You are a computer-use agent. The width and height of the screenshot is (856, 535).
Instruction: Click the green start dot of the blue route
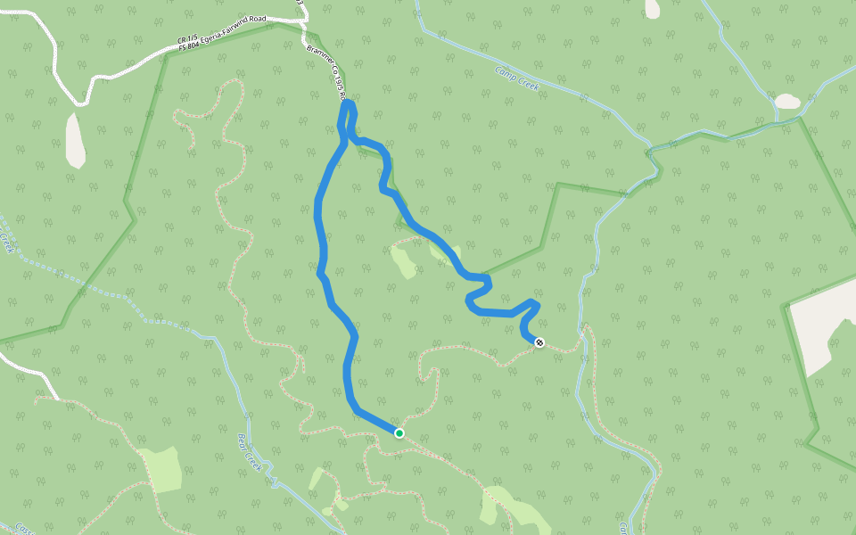click(399, 433)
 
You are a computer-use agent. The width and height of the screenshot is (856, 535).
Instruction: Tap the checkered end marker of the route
click(539, 342)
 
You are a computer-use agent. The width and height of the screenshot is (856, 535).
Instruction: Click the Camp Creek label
click(518, 81)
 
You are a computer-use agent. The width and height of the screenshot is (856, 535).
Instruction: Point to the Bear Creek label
click(252, 454)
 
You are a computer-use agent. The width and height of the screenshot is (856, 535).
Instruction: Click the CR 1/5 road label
click(187, 39)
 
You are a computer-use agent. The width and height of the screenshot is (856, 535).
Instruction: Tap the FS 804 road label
click(188, 47)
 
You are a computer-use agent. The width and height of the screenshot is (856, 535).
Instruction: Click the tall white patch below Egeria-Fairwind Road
click(76, 140)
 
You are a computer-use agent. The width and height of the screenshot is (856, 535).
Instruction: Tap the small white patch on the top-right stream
click(787, 102)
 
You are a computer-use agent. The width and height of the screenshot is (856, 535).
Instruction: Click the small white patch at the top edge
click(653, 8)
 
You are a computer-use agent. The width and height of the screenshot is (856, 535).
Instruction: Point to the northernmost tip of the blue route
click(349, 103)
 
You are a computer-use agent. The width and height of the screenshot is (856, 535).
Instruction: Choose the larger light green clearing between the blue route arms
click(404, 260)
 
